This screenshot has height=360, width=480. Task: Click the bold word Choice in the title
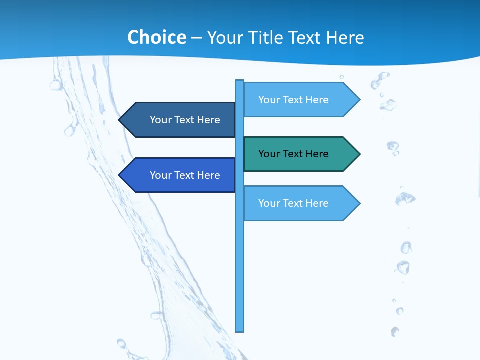[x=156, y=38]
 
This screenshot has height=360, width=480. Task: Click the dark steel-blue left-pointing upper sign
[x=180, y=120]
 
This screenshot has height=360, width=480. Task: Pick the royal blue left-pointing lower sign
[x=180, y=175]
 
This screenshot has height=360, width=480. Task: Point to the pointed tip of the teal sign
[x=359, y=154]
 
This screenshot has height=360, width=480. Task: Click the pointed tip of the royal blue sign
[x=120, y=175]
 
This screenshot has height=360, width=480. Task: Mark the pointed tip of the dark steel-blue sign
[x=120, y=120]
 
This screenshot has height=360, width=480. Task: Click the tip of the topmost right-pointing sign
[x=359, y=100]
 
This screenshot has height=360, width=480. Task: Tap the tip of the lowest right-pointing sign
[x=359, y=203]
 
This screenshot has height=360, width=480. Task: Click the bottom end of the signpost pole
[x=240, y=330]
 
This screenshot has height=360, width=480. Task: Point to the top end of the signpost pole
[x=240, y=81]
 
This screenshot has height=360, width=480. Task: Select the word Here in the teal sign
[x=316, y=154]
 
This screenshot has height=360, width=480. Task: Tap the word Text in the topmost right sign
[x=293, y=100]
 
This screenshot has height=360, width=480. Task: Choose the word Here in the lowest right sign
[x=316, y=203]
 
